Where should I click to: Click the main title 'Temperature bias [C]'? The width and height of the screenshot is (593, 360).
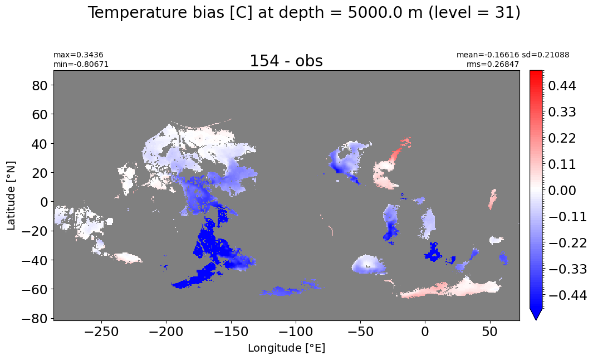[x=170, y=13]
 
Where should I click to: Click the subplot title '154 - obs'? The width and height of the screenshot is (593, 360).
[x=286, y=61]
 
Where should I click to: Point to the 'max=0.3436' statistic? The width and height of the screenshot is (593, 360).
[x=79, y=55]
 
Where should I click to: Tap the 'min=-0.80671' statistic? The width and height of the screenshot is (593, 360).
[x=81, y=64]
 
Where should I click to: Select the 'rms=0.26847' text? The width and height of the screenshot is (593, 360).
[x=493, y=64]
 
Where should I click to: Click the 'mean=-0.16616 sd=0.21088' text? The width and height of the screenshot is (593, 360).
[x=513, y=55]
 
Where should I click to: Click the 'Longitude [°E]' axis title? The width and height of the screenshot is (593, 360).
[x=286, y=348]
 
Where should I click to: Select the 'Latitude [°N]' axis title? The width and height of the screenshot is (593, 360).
[x=11, y=196]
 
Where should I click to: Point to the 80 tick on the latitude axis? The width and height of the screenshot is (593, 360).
[x=40, y=86]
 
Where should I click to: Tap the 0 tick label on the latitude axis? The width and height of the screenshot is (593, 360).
[x=45, y=202]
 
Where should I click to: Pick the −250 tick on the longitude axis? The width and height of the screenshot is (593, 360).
[x=101, y=332]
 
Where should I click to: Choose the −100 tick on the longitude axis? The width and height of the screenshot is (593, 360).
[x=296, y=332]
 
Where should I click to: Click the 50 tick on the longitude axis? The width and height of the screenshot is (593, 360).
[x=490, y=332]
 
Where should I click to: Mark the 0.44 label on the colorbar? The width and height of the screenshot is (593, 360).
[x=562, y=86]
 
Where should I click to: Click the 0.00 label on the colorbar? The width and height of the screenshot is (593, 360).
[x=562, y=191]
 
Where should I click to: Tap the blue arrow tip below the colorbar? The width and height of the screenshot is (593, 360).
[x=536, y=319]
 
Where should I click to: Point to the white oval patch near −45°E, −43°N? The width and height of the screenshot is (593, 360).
[x=368, y=264]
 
